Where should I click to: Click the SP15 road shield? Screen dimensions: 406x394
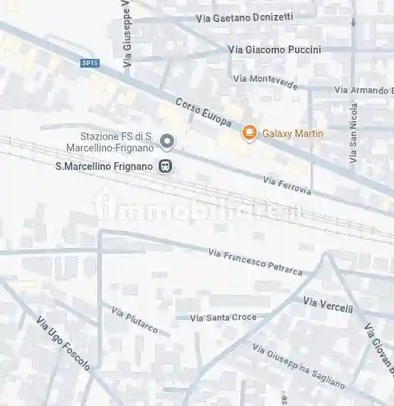pyautogui.click(x=90, y=63)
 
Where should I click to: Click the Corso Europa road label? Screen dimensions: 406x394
pyautogui.click(x=203, y=112)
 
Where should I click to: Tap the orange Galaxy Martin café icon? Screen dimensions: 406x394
pyautogui.click(x=249, y=133)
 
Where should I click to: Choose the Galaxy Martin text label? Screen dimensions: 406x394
pyautogui.click(x=293, y=134)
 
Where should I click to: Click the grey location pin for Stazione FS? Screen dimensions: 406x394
pyautogui.click(x=167, y=142)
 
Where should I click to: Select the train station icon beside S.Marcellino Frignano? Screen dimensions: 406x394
pyautogui.click(x=166, y=166)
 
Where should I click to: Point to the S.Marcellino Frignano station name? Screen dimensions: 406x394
pyautogui.click(x=104, y=166)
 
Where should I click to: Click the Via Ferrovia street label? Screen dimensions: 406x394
pyautogui.click(x=287, y=185)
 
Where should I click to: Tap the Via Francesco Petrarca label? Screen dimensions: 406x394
pyautogui.click(x=255, y=262)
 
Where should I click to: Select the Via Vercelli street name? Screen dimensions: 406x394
pyautogui.click(x=328, y=305)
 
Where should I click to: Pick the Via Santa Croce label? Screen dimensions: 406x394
pyautogui.click(x=223, y=317)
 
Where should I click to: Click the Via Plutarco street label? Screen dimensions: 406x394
pyautogui.click(x=134, y=320)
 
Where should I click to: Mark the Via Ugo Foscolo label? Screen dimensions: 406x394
pyautogui.click(x=63, y=343)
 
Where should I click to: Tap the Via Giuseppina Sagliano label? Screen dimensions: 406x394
pyautogui.click(x=299, y=365)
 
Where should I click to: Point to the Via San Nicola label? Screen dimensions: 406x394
pyautogui.click(x=353, y=133)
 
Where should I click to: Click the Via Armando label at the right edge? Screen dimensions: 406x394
pyautogui.click(x=363, y=90)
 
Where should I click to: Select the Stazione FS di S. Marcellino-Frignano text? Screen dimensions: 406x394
pyautogui.click(x=117, y=142)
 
